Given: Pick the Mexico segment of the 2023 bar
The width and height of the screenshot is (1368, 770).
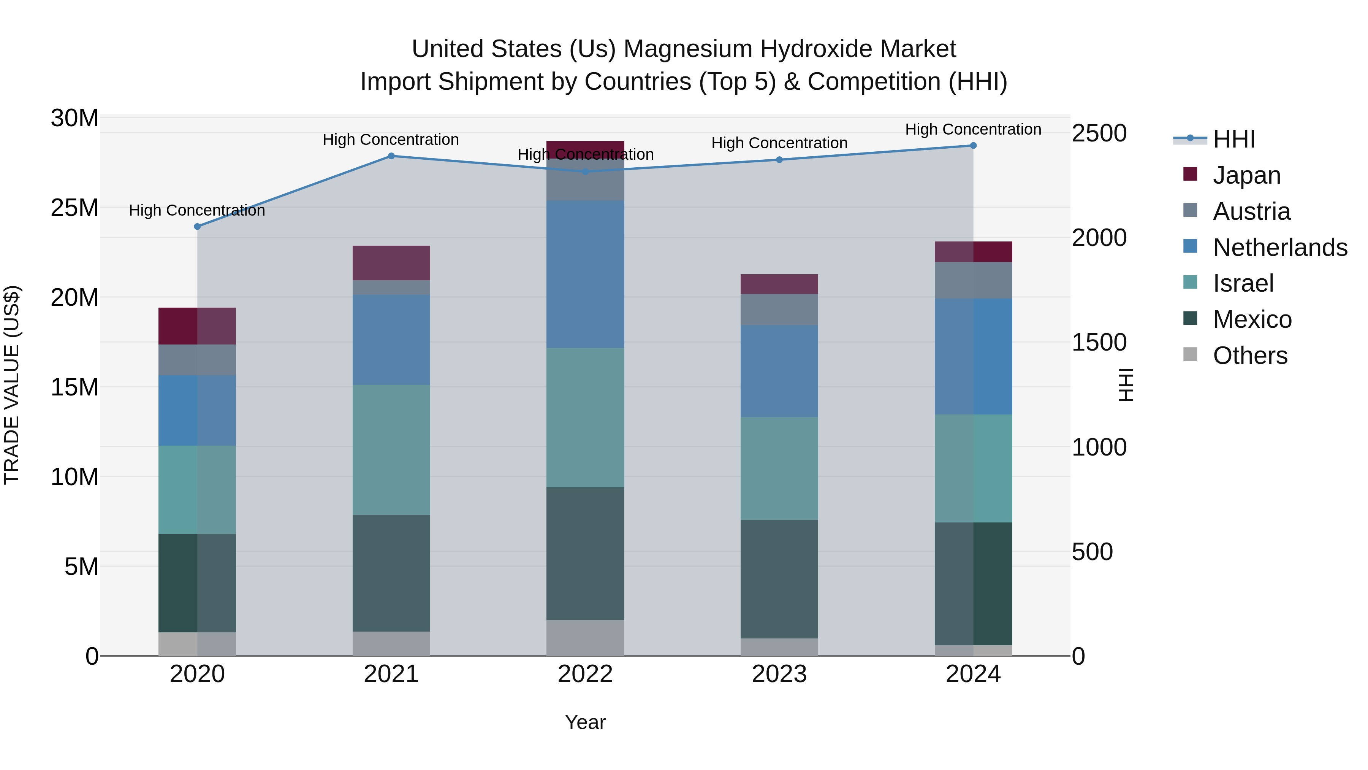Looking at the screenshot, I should coord(779,579).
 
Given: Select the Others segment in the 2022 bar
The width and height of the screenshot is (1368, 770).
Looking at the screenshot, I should coord(585,638).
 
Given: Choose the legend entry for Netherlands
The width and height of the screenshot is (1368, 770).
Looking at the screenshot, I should coord(1280,248).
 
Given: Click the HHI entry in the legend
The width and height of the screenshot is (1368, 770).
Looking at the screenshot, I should coord(1233,139).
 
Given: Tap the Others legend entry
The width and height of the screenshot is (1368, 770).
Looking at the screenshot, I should coord(1249,356).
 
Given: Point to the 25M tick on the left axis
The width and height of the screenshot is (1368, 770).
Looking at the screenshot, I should coord(74,208).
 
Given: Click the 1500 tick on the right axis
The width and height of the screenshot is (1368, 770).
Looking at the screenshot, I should coord(1098,342).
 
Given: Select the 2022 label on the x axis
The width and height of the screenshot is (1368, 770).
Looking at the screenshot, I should coord(585,674).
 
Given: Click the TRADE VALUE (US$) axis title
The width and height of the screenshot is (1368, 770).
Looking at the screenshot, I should coord(12,385).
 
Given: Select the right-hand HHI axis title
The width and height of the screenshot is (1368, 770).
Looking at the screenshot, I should coord(1126,385).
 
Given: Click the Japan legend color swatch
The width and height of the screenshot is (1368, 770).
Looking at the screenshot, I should coord(1190,174).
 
